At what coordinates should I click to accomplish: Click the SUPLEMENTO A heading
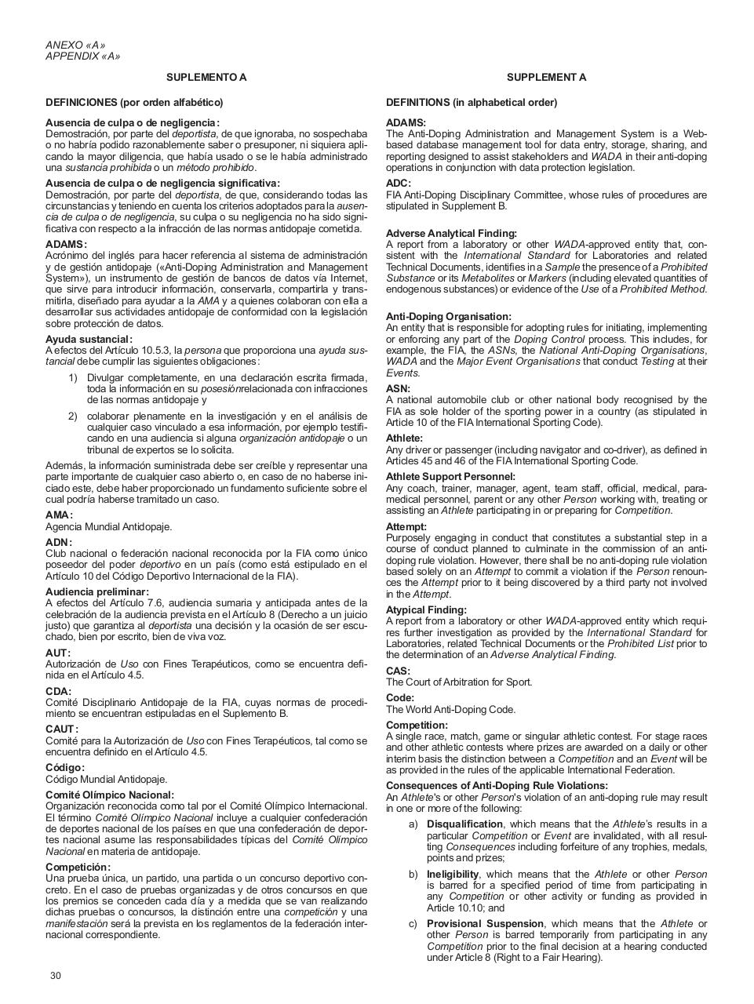coord(206,77)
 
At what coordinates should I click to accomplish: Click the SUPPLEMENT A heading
coord(546,77)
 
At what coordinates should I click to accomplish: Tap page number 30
coord(55,976)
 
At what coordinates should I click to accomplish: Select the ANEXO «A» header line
coord(75,45)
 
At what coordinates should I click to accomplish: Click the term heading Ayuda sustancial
coord(89,339)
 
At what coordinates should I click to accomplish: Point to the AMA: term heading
coord(59,515)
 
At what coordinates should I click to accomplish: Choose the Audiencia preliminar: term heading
coord(97,591)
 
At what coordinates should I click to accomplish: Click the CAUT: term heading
coord(62,729)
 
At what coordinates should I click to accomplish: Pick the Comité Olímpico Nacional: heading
coord(110,795)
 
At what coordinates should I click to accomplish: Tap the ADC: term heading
coord(398,184)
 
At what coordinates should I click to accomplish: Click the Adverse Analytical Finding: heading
coord(451,233)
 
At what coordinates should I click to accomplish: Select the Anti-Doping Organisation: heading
coord(448,316)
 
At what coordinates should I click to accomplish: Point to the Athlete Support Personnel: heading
coord(450,476)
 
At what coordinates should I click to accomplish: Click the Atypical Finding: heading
coord(426,609)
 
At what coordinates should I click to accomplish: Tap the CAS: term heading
coord(398,671)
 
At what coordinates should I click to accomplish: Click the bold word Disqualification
coord(464,824)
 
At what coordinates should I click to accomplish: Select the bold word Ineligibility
coord(453,874)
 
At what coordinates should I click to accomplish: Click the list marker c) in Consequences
coord(413,923)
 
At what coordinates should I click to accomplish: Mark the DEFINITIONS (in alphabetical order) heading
coord(472,102)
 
